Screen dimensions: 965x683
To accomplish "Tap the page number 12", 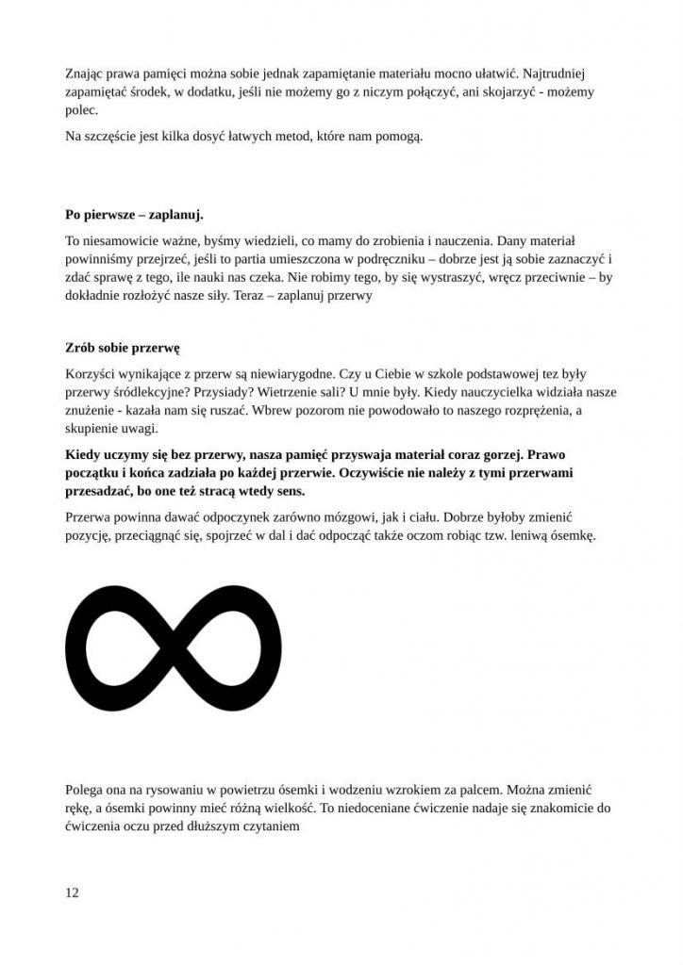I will [x=73, y=892].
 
